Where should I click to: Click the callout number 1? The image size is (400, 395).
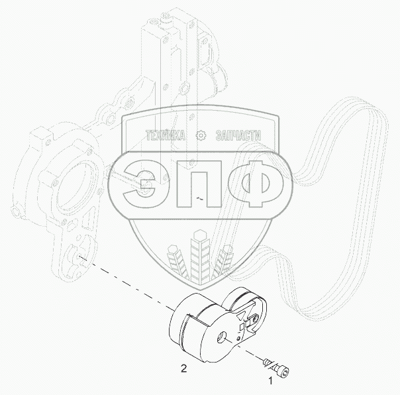click(x=270, y=381)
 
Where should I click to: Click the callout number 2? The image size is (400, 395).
click(x=183, y=368)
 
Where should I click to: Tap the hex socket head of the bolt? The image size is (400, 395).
click(x=285, y=372)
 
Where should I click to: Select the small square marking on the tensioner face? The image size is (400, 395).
click(x=242, y=326)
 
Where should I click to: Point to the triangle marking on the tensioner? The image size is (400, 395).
click(x=240, y=316)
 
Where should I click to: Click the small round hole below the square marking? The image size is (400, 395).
click(x=238, y=339)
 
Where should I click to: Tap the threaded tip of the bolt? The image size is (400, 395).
click(x=266, y=361)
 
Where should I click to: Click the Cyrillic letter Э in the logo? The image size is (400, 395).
click(x=140, y=184)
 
